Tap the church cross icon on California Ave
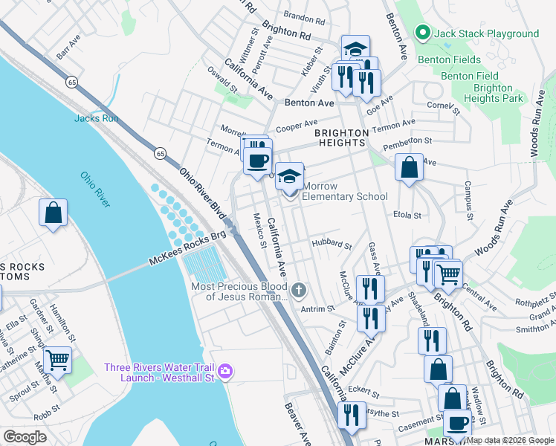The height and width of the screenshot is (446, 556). (x=299, y=289)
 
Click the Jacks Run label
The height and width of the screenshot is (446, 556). (x=91, y=118)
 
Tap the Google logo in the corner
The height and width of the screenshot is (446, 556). (x=25, y=436)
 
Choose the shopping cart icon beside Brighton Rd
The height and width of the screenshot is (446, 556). (x=448, y=274)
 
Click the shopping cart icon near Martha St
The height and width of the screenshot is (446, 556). (x=57, y=360)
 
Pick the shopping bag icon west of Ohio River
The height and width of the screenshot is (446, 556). (x=54, y=213)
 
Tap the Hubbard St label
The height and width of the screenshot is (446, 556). (x=332, y=244)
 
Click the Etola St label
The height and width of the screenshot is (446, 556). (x=407, y=215)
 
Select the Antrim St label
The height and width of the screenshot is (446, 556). (x=314, y=309)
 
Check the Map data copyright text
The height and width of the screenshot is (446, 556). (x=509, y=440)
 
